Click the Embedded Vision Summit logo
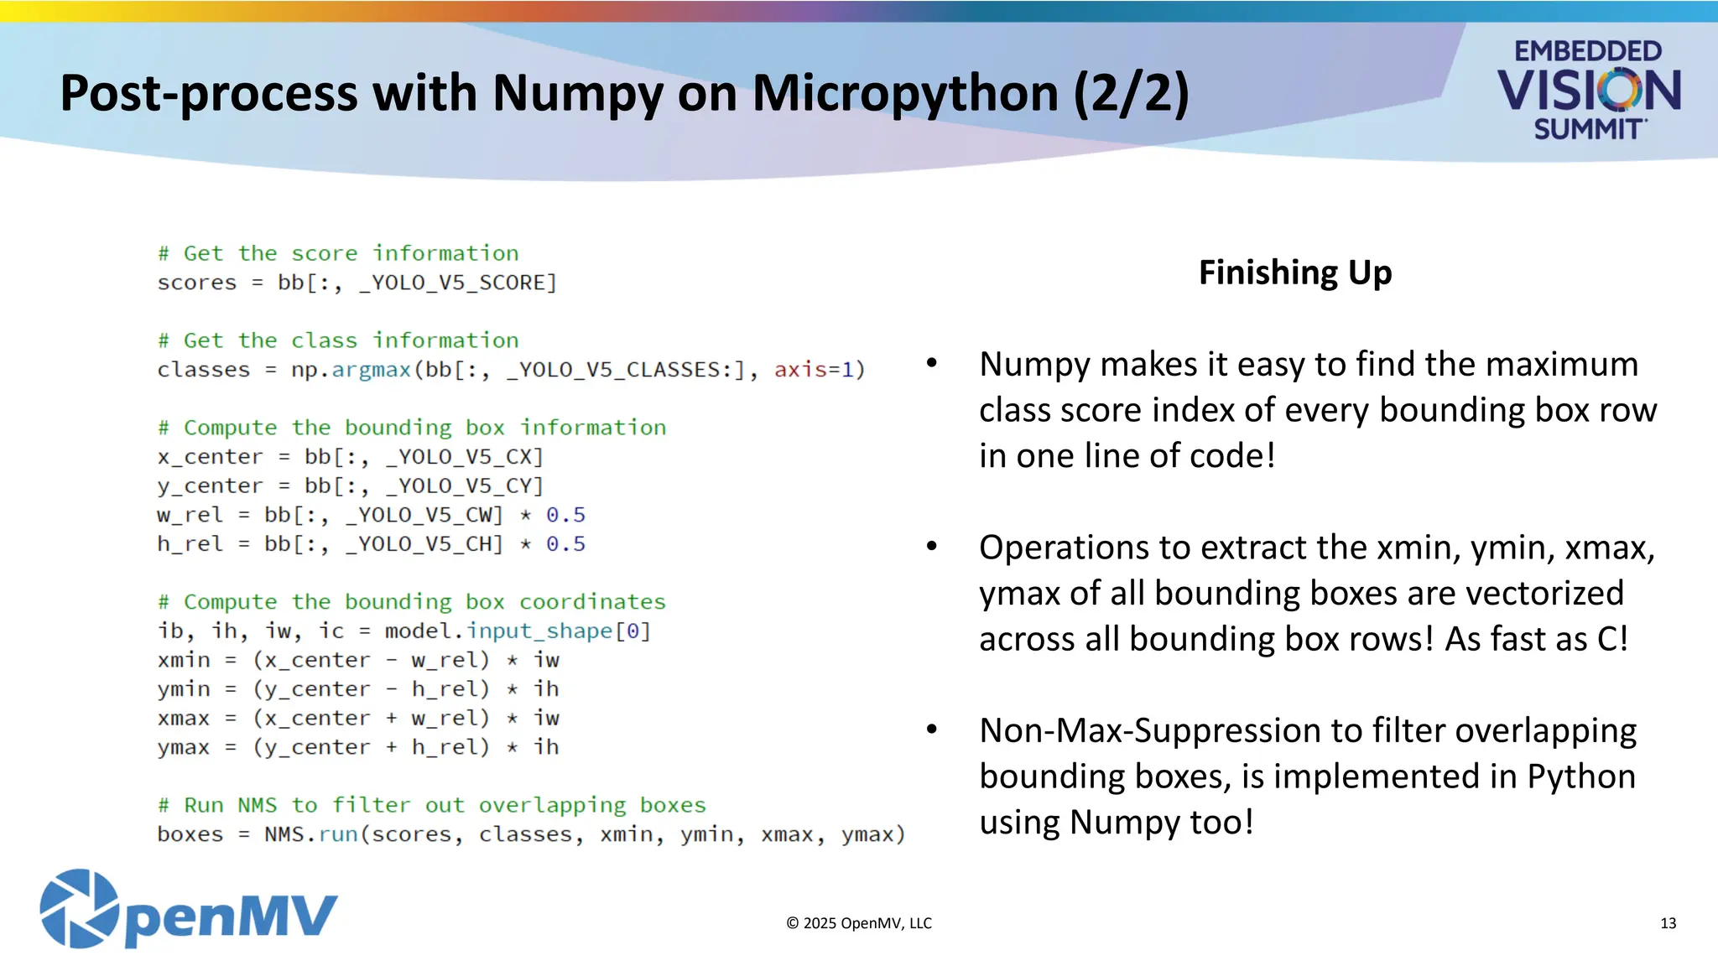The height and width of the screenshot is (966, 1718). (1588, 90)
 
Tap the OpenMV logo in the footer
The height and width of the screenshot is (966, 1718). (189, 910)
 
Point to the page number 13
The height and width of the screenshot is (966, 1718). (1668, 923)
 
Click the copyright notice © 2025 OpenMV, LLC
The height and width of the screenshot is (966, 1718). (859, 923)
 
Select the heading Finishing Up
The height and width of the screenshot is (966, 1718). (1294, 273)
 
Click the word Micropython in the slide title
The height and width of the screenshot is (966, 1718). (904, 93)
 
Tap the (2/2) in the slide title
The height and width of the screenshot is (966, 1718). (1131, 93)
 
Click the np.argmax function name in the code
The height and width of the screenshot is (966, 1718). (351, 370)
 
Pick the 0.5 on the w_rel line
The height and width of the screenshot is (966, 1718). (565, 515)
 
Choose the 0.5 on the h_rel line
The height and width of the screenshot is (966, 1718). (565, 544)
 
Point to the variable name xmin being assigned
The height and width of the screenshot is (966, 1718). (184, 661)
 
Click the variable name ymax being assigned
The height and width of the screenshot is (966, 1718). (184, 748)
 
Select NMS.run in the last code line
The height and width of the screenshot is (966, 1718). (311, 835)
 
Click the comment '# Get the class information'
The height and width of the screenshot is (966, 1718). (338, 340)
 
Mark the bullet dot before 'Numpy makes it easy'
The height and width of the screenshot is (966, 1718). (931, 363)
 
